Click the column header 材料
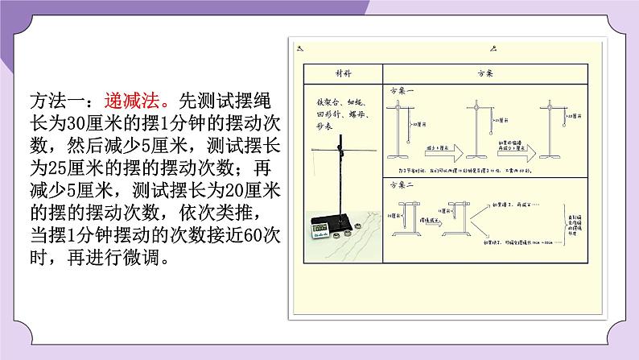point(341,72)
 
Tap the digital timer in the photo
point(326,229)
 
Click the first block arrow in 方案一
point(442,151)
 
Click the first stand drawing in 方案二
point(405,217)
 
